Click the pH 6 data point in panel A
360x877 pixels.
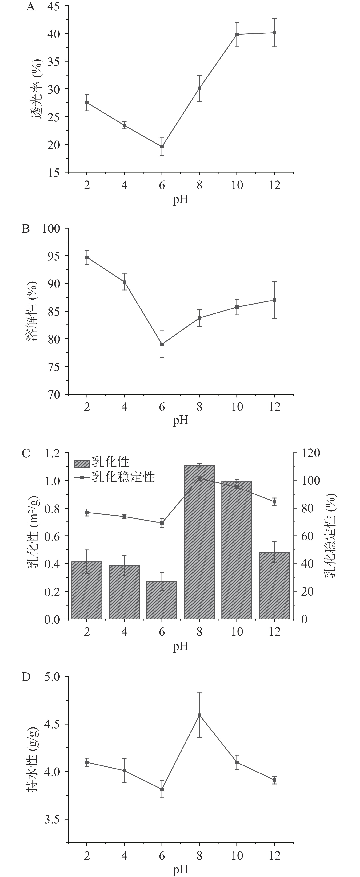point(162,147)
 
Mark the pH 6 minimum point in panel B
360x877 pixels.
point(162,344)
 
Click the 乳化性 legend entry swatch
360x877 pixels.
point(82,463)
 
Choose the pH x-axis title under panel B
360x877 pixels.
point(181,421)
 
